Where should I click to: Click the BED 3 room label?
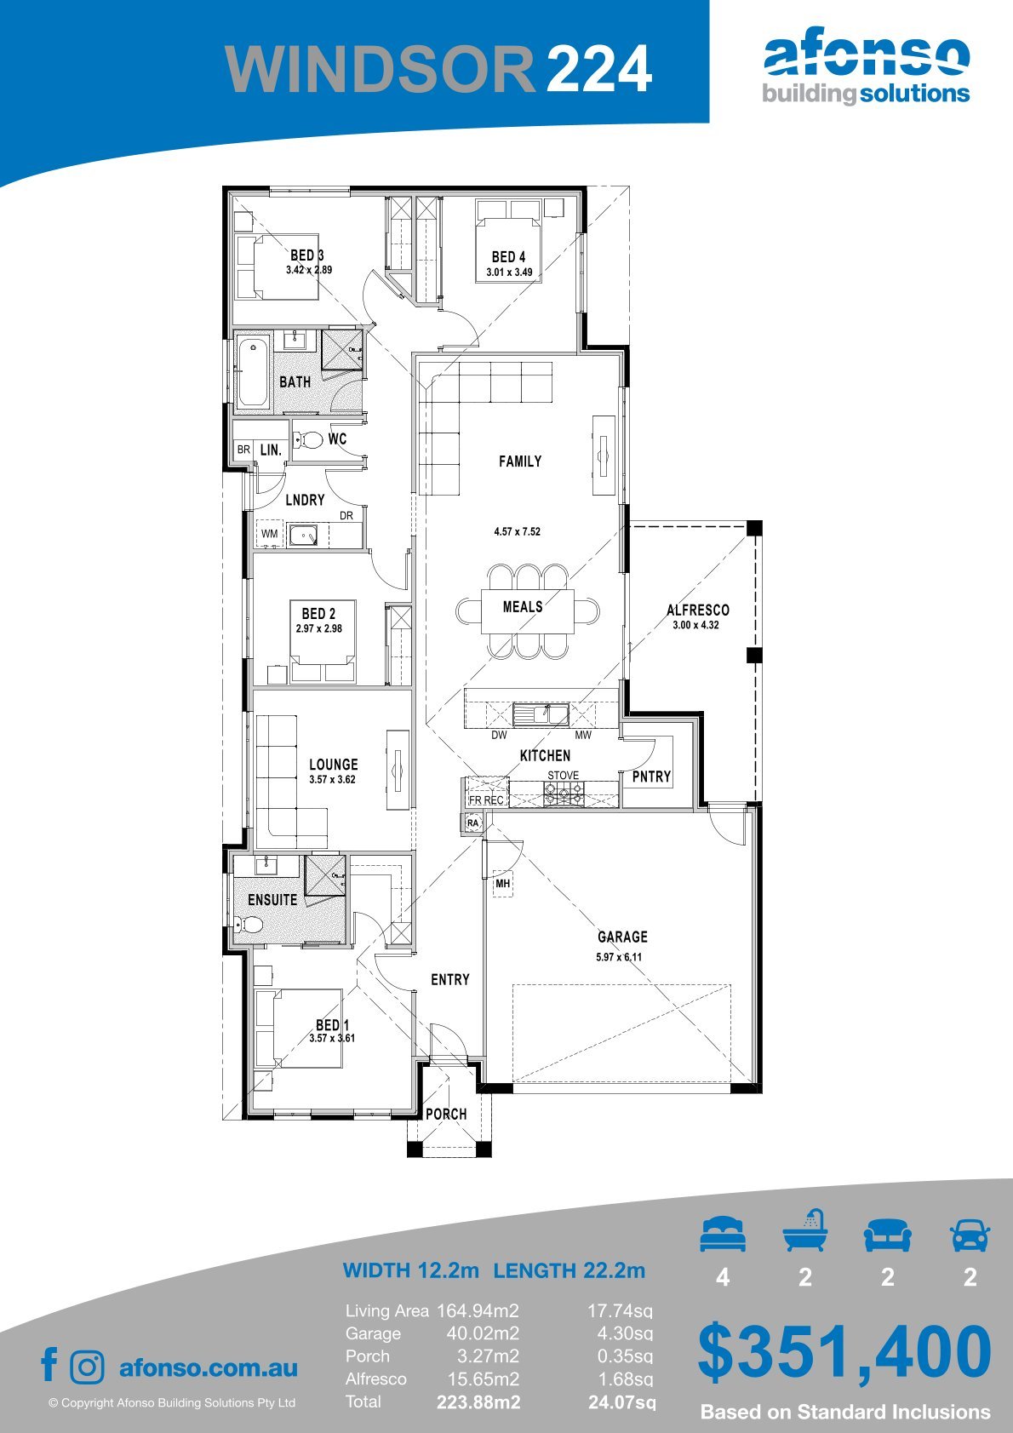[x=307, y=255]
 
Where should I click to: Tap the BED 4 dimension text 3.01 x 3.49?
[x=509, y=272]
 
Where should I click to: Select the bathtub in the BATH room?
[x=254, y=373]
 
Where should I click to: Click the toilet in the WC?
[x=308, y=439]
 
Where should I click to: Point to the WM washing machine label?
[x=269, y=534]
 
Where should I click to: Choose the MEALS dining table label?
[x=523, y=606]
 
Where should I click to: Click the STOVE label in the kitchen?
[x=563, y=776]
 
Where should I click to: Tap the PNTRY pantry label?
[x=651, y=776]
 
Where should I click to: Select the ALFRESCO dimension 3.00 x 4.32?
[x=695, y=625]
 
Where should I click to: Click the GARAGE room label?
[x=622, y=937]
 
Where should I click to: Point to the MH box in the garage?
[x=502, y=884]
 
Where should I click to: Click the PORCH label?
[x=446, y=1114]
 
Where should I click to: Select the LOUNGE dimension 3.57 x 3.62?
[x=332, y=779]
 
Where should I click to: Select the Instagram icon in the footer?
[x=86, y=1367]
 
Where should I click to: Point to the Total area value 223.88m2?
[x=478, y=1402]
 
